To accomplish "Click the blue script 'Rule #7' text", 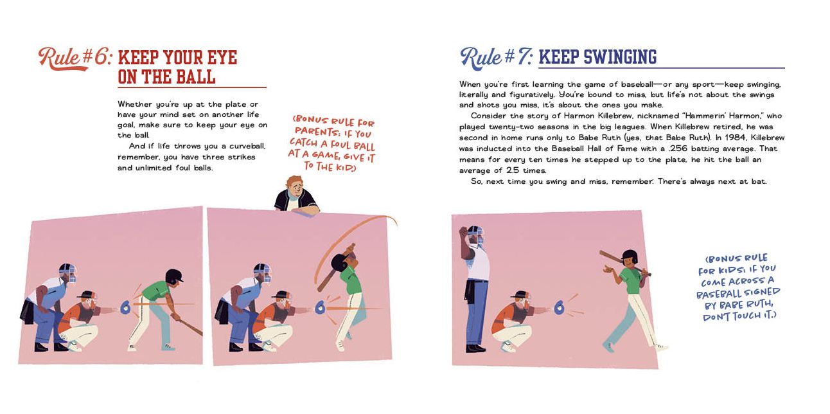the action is pos(497,59).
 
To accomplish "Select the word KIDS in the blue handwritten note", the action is pos(726,270).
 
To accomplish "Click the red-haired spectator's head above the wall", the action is pos(296,186).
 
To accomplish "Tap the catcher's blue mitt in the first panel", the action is pos(125,307).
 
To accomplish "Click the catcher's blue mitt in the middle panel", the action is pos(320,307).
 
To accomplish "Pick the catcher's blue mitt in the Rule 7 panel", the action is pos(560,307).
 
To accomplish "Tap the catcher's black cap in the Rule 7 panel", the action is pos(520,294).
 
